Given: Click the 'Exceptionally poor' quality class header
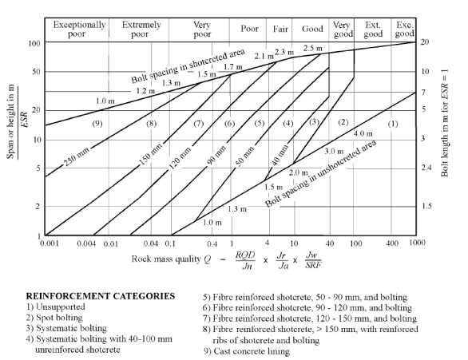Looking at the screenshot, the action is (79, 30).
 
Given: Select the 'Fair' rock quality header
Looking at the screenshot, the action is (280, 29).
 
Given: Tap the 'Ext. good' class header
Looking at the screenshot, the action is (373, 30).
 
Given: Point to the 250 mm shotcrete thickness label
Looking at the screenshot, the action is (77, 156).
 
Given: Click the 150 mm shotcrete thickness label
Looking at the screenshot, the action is (151, 153).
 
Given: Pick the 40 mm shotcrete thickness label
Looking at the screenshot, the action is (280, 155).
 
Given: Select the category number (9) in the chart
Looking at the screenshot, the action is (97, 123).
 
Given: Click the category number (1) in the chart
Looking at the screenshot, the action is (393, 123).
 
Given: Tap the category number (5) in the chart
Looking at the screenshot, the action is (260, 123).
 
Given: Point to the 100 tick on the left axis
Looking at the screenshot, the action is (34, 44).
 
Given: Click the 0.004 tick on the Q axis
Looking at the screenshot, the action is (86, 243).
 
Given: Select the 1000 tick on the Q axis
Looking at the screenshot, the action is (417, 243).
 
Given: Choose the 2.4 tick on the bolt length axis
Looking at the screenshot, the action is (426, 168).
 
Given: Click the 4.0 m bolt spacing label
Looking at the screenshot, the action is (363, 133).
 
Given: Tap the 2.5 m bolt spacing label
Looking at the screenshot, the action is (313, 48).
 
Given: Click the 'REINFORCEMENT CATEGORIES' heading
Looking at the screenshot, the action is (101, 296).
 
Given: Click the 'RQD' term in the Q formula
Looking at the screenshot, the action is (245, 255).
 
